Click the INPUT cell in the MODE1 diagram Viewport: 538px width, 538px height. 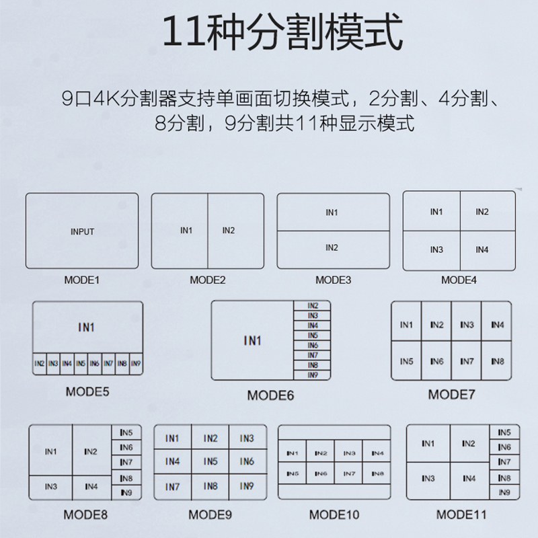[x=82, y=232]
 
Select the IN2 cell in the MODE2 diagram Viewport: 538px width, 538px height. [x=228, y=231]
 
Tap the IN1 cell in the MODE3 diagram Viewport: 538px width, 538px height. [x=332, y=213]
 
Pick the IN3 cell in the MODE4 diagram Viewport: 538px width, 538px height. [x=436, y=250]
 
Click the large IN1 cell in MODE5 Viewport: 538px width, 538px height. [x=87, y=328]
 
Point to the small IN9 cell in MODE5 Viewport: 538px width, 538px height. [x=136, y=363]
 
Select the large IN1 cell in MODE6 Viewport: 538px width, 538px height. [x=252, y=341]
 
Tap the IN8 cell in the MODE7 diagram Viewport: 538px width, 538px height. [x=497, y=361]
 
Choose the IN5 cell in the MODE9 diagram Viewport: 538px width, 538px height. [x=210, y=461]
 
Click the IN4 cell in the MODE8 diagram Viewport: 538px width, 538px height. [x=91, y=486]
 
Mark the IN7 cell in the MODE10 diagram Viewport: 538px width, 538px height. [x=349, y=473]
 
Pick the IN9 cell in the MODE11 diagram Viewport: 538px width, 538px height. [x=504, y=493]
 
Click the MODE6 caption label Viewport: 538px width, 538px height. [x=270, y=395]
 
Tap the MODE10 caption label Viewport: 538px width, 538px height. [x=334, y=515]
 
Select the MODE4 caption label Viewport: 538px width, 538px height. [x=459, y=279]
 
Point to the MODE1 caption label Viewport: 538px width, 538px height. [x=81, y=279]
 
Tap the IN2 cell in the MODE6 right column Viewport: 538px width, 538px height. [x=313, y=306]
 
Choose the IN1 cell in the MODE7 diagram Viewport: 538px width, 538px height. [x=406, y=325]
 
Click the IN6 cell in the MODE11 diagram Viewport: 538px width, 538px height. [x=504, y=447]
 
